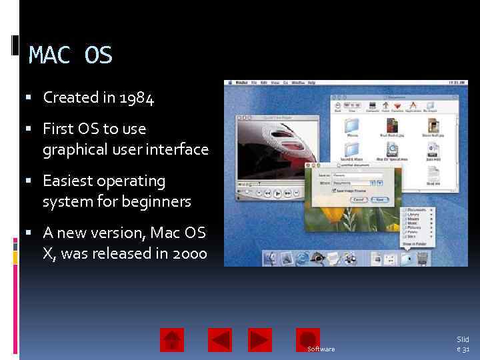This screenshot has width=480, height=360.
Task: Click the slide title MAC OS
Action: coord(71,55)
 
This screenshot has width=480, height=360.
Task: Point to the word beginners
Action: coord(160,201)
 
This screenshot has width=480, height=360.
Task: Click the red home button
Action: coord(171,340)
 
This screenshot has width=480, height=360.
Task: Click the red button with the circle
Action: coord(308,340)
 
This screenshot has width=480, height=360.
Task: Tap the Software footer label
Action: coord(321,349)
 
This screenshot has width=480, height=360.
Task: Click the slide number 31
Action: coord(465,349)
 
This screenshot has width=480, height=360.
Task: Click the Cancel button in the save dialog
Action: coord(359,199)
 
